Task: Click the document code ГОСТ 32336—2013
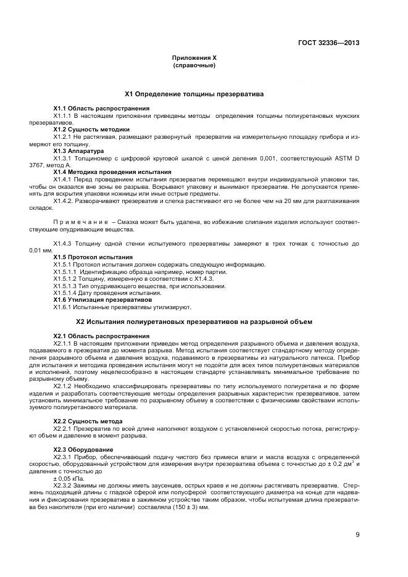(x=328, y=43)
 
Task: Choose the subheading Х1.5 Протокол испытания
(x=93, y=257)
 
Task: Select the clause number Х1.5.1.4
(x=66, y=293)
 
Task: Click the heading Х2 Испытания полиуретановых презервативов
(x=194, y=322)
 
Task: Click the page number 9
(x=357, y=534)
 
